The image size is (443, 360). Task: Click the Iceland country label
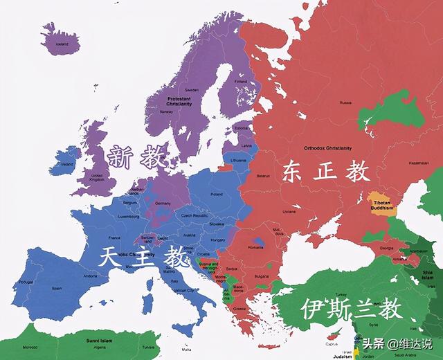pyautogui.click(x=62, y=43)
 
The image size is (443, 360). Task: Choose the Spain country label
pyautogui.click(x=57, y=287)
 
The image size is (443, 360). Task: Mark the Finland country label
pyautogui.click(x=240, y=81)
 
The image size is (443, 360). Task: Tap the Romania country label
pyautogui.click(x=257, y=247)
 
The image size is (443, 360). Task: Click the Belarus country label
pyautogui.click(x=263, y=177)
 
